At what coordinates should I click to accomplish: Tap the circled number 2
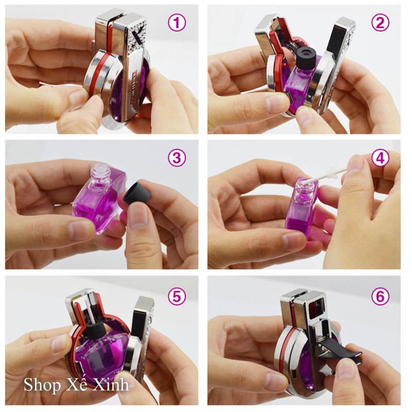pyautogui.click(x=380, y=23)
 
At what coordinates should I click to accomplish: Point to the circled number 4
pyautogui.click(x=380, y=158)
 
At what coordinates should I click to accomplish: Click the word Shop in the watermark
pyautogui.click(x=39, y=385)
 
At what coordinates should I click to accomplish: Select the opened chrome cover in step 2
pyautogui.click(x=335, y=62)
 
